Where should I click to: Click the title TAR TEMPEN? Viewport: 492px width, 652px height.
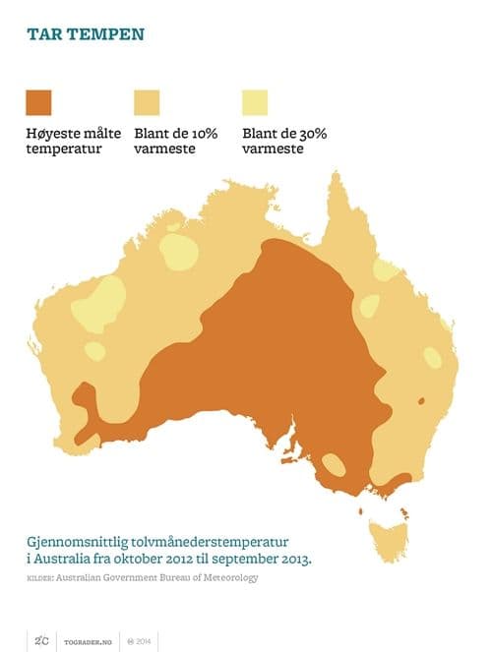click(x=86, y=34)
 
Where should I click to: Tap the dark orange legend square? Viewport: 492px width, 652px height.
click(x=39, y=102)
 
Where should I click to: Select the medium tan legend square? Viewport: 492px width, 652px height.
click(x=146, y=102)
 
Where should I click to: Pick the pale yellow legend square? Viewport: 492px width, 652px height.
click(x=254, y=102)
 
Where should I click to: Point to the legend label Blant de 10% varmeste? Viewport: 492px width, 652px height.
click(x=175, y=141)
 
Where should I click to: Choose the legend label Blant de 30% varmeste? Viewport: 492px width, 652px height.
click(x=283, y=141)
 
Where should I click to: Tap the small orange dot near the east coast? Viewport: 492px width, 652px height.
click(x=420, y=400)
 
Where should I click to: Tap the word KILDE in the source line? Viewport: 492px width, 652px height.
click(x=39, y=578)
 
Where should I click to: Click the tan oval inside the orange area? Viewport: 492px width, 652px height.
click(x=335, y=465)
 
